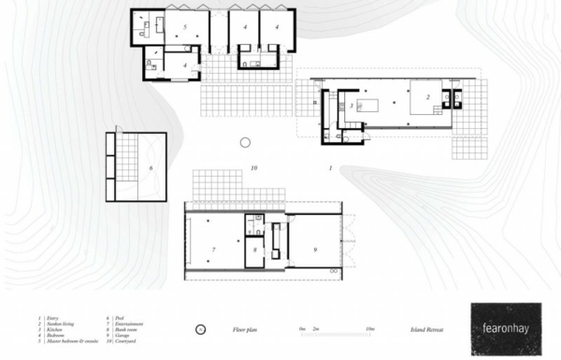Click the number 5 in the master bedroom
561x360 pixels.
tap(185, 29)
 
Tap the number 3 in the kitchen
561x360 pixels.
tap(351, 107)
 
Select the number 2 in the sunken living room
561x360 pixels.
tap(427, 96)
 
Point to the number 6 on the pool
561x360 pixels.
tap(151, 169)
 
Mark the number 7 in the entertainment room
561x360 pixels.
tap(214, 251)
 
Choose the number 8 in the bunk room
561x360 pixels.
tap(254, 251)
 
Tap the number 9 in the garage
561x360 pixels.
tap(315, 250)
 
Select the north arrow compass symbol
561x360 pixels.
tap(200, 330)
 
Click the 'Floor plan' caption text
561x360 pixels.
tap(245, 330)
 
